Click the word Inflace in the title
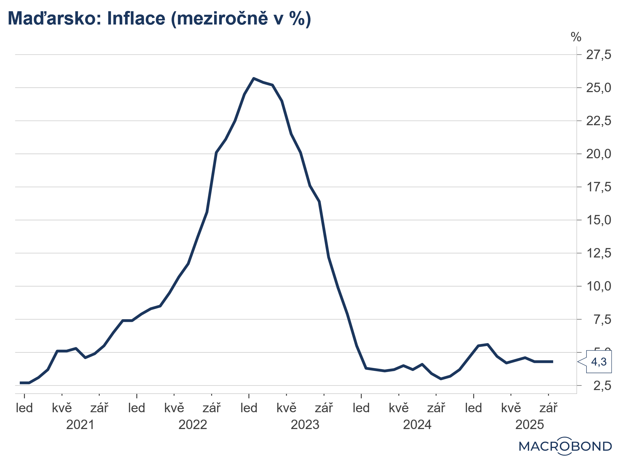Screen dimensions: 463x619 [x=136, y=18]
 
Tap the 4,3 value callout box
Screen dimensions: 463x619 [x=599, y=362]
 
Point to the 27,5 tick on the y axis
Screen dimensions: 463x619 [x=598, y=55]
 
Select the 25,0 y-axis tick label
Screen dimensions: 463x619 [x=598, y=88]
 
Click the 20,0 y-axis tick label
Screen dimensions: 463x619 [x=598, y=154]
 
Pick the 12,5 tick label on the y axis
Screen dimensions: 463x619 [x=598, y=253]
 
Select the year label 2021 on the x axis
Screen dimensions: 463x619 [x=80, y=425]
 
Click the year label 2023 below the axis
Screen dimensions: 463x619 [x=305, y=425]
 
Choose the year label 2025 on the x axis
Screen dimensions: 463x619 [x=529, y=425]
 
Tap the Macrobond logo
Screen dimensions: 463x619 [x=565, y=446]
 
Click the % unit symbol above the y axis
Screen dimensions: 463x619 [x=576, y=38]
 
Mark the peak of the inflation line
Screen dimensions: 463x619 [x=254, y=78]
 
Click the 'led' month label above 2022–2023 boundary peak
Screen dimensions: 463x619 [x=249, y=408]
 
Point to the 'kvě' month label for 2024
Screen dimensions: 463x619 [x=399, y=408]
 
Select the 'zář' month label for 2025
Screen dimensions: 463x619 [x=548, y=408]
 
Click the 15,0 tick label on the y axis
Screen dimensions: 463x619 [x=598, y=220]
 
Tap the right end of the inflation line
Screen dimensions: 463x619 [x=552, y=361]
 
